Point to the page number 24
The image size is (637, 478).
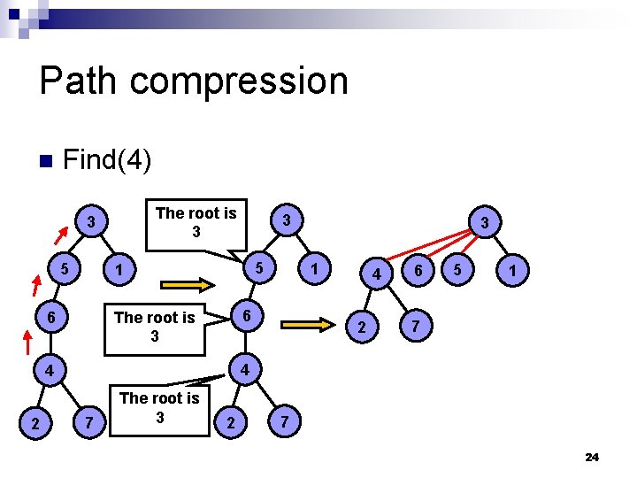pos(592,457)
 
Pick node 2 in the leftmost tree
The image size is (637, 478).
pos(35,426)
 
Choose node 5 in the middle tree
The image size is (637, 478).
pos(257,266)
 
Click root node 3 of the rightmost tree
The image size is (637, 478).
pos(485,220)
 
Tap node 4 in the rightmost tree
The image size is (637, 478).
pos(377,274)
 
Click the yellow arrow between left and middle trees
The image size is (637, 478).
pos(186,285)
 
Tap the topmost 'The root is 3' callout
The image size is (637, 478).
pos(196,222)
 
